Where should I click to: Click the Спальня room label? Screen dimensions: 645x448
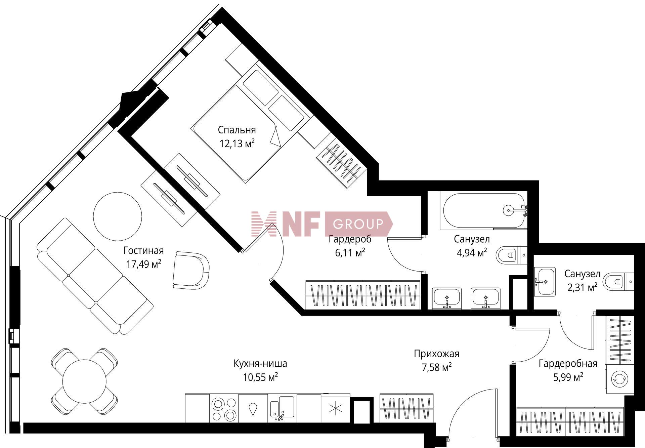(x=237, y=130)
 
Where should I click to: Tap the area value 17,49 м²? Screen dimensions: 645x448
(x=144, y=264)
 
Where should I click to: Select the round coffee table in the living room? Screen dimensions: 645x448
(x=118, y=216)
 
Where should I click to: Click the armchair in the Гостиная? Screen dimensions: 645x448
(x=190, y=270)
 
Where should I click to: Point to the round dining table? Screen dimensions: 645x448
(x=84, y=380)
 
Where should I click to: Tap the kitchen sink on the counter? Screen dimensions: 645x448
(x=283, y=407)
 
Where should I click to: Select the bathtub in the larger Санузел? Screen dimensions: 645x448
(x=484, y=210)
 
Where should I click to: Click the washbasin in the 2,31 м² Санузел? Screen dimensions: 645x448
(x=545, y=282)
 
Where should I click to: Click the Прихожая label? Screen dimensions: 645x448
(x=436, y=354)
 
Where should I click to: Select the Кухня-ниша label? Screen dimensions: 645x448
(x=260, y=364)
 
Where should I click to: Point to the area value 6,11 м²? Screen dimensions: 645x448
(x=350, y=253)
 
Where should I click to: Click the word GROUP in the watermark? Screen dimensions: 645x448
(x=358, y=224)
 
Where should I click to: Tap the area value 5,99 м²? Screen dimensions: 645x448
(x=568, y=377)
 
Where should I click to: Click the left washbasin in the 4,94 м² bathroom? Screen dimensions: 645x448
(x=447, y=298)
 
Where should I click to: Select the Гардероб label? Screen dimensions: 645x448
(x=350, y=239)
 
